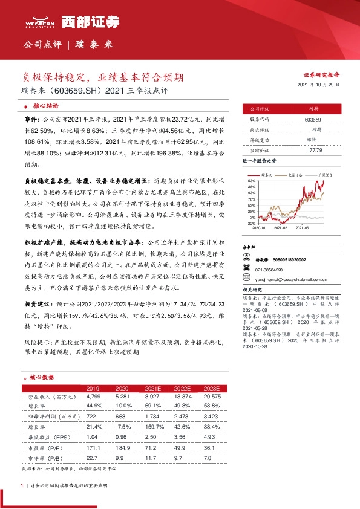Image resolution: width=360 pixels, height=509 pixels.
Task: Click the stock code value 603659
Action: coord(312,120)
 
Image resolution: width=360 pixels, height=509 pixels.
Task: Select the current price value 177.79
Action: coord(312,149)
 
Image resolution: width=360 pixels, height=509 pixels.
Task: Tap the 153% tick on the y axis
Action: coord(251,181)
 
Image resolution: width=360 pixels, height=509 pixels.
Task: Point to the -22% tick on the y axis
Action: coord(251,223)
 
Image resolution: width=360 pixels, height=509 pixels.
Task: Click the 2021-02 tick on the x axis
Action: coord(280,228)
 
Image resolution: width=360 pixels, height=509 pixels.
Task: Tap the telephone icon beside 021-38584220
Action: coord(247,270)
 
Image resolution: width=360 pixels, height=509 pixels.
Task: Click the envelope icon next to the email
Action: coord(247,280)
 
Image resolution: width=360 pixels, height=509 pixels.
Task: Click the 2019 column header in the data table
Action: coord(93,388)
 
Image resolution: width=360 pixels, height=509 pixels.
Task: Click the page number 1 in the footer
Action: coord(22,485)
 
